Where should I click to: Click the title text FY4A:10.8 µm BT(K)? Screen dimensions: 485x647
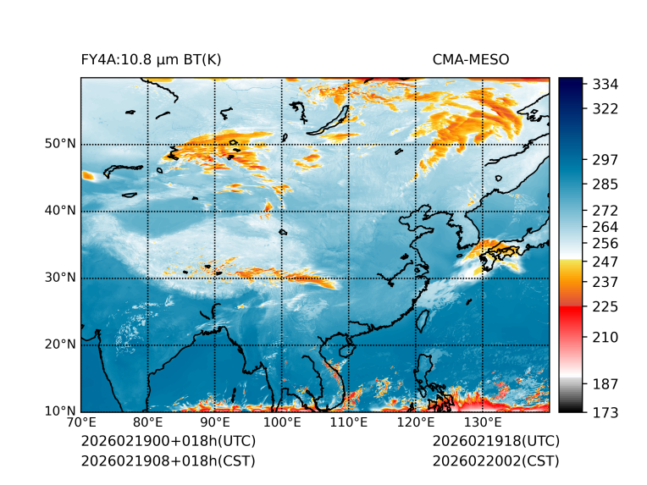click(x=151, y=59)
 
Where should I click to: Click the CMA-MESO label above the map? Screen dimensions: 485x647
click(x=470, y=59)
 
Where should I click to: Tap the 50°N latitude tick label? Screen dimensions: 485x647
click(x=61, y=144)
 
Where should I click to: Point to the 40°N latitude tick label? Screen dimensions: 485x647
click(x=61, y=211)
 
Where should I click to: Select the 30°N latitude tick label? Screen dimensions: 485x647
click(x=61, y=278)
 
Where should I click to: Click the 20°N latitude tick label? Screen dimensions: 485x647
click(x=61, y=344)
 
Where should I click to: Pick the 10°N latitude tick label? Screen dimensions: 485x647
click(x=61, y=411)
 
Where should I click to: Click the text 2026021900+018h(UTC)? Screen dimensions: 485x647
click(x=168, y=442)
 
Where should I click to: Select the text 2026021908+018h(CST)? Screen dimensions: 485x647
click(x=168, y=461)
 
